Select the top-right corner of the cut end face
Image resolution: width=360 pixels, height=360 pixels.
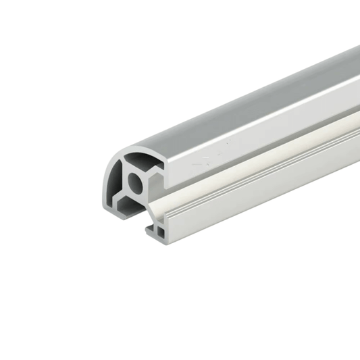point(165,151)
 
